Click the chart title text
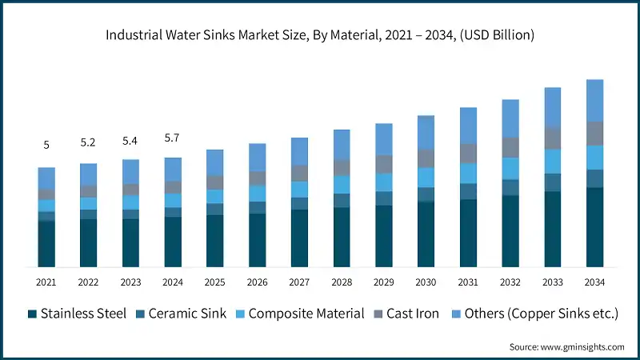point(320,35)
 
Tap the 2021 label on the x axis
point(46,282)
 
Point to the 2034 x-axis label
point(594,282)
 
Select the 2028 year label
point(342,282)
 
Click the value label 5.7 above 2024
point(173,138)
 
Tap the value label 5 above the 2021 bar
point(46,145)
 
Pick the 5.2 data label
point(89,142)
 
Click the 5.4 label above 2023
point(130,140)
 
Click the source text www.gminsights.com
point(566,346)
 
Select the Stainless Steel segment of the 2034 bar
point(594,227)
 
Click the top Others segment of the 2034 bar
point(594,100)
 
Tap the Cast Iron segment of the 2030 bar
point(426,158)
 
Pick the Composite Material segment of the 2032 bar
point(510,168)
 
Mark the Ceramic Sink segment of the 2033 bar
point(553,182)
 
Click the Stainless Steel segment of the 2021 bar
point(46,244)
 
